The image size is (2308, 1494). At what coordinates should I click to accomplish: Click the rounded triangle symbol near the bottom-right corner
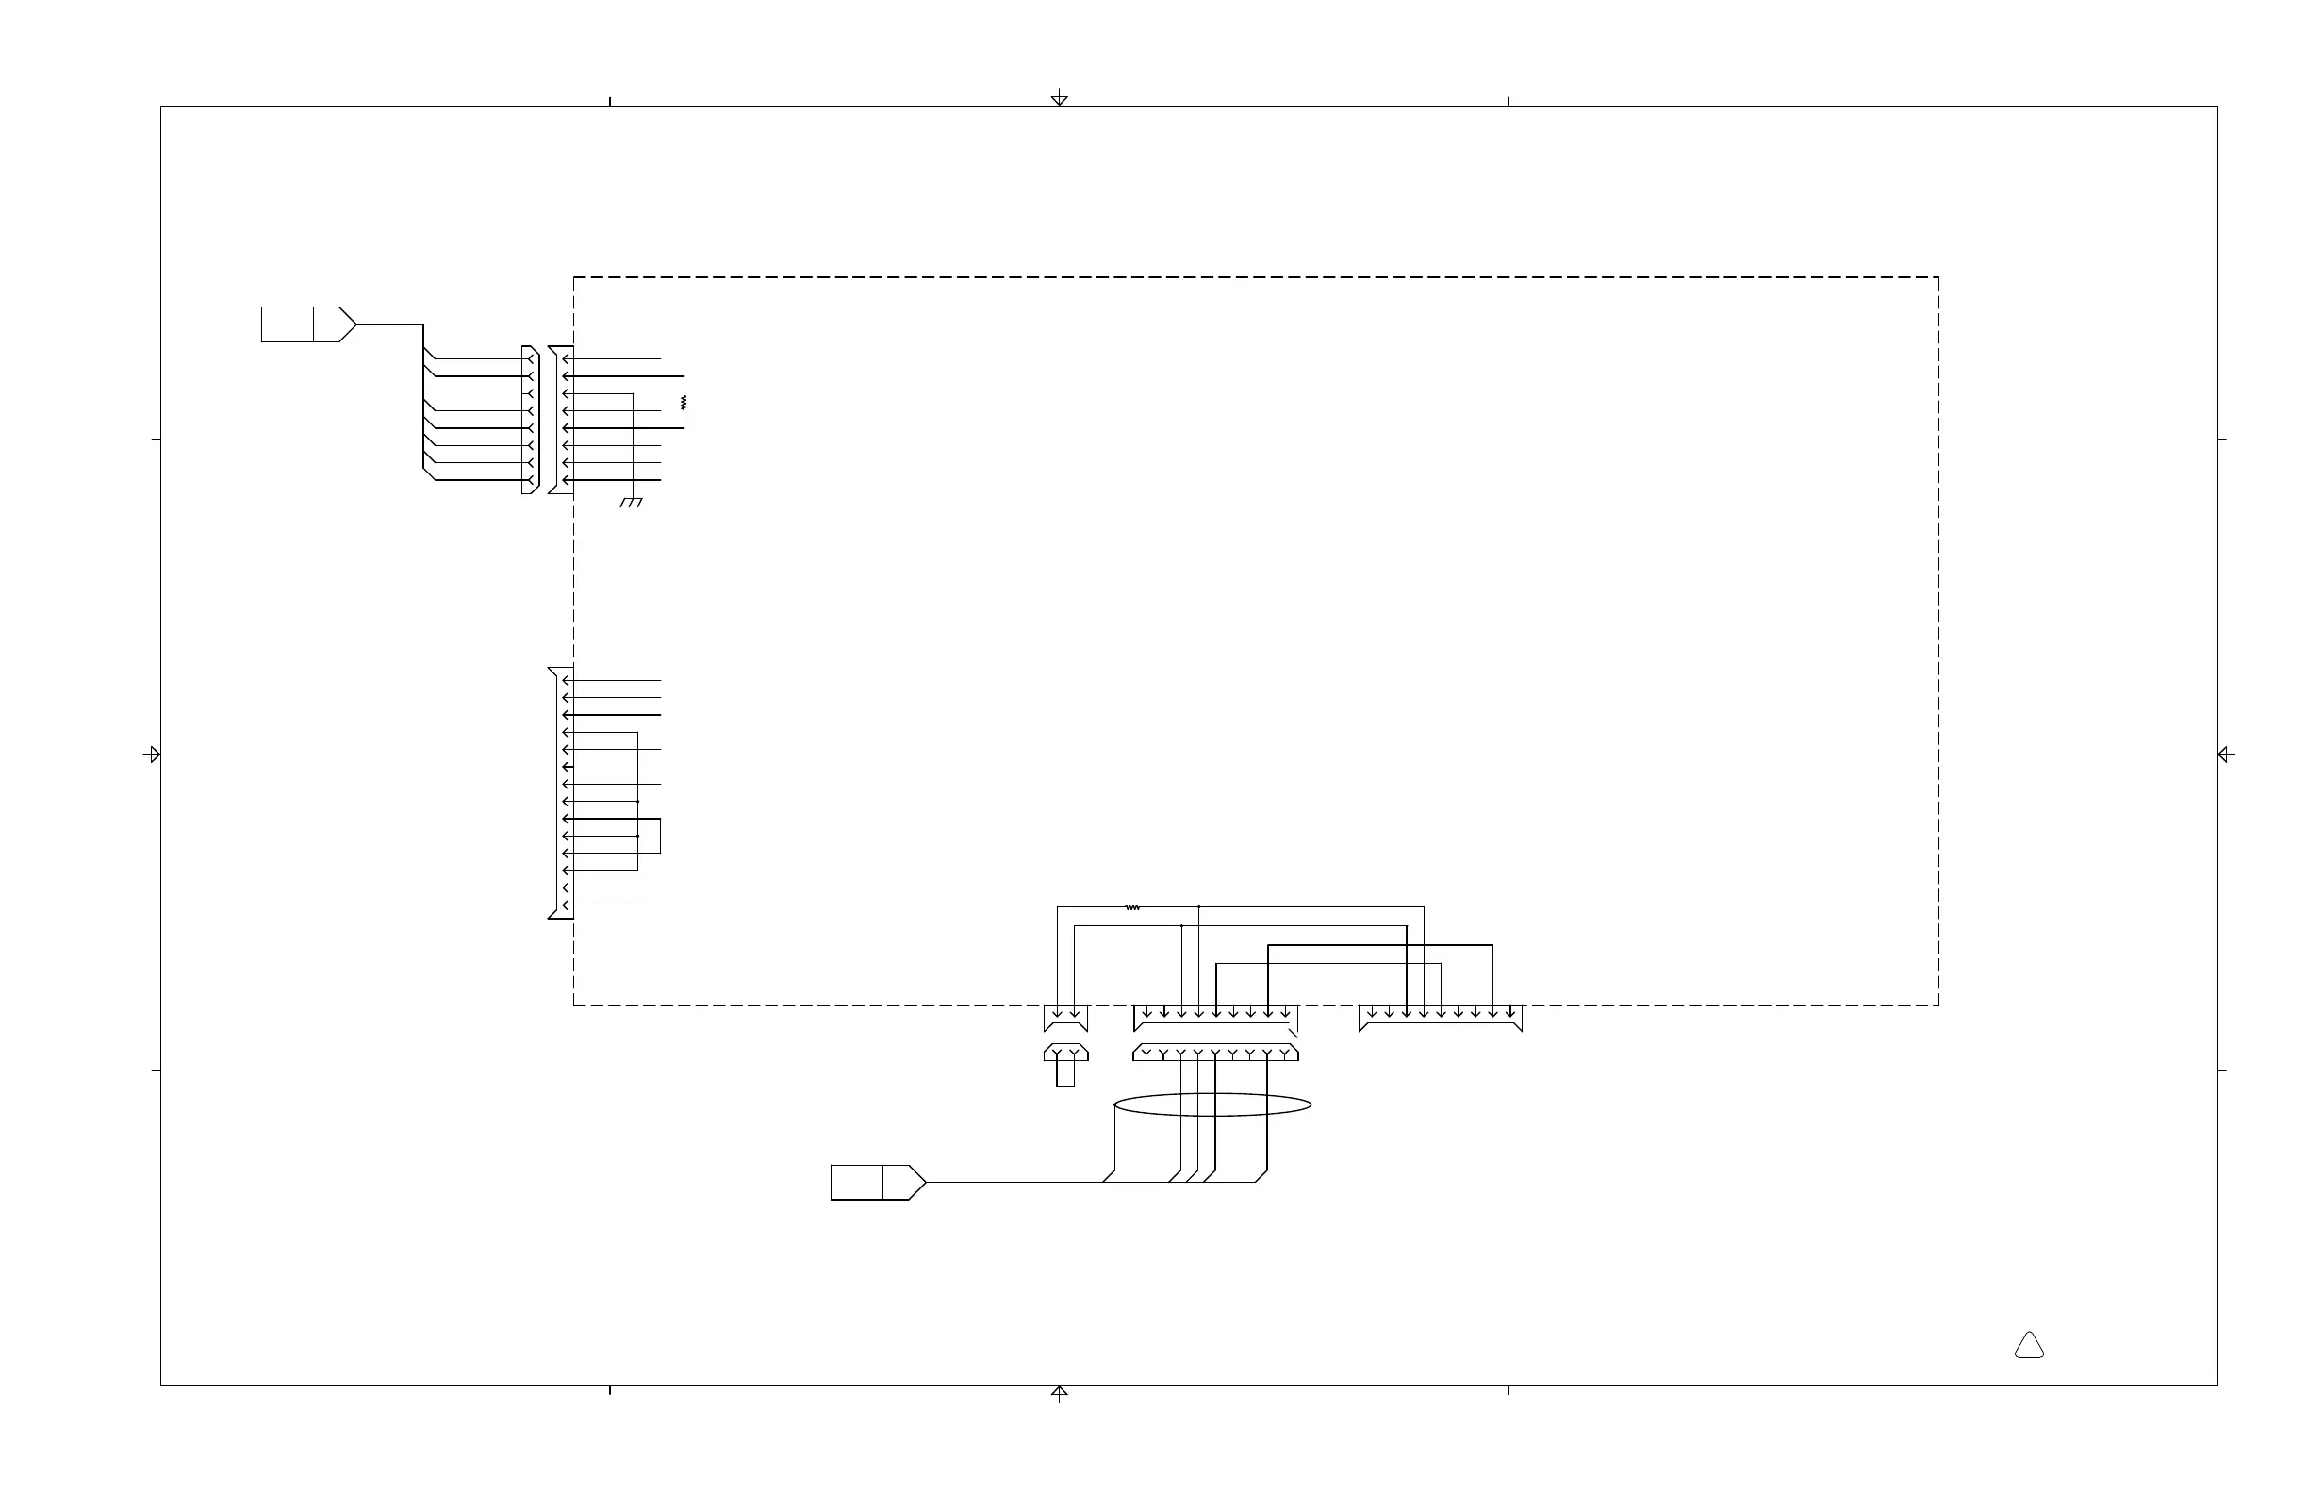tap(2029, 1346)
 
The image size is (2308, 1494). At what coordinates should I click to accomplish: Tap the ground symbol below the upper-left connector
tap(632, 503)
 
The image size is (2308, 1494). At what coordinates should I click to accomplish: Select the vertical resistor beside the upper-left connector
tap(684, 402)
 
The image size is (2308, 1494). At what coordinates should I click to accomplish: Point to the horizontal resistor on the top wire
tap(1131, 907)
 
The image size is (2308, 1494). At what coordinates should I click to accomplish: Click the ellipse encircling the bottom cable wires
tap(1212, 1104)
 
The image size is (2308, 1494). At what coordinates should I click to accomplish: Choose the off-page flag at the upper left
tap(308, 324)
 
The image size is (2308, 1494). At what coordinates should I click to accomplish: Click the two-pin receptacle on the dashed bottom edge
tap(1065, 1018)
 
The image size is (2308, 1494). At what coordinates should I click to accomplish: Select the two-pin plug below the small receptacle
tap(1065, 1053)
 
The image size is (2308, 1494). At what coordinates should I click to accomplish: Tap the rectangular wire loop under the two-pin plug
tap(1065, 1073)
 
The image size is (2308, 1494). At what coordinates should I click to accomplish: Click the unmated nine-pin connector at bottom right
tap(1440, 1018)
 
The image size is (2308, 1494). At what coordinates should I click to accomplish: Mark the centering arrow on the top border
tap(1060, 98)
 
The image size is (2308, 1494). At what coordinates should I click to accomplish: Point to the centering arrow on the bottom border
tap(1060, 1393)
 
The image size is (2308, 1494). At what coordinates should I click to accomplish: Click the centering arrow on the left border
tap(152, 754)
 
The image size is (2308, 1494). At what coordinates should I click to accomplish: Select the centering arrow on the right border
tap(2226, 754)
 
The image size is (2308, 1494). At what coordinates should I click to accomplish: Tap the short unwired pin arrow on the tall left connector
tap(569, 767)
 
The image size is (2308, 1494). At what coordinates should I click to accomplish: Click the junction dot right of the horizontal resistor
tap(1198, 907)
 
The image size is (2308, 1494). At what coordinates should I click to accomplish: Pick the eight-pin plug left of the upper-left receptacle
tap(530, 419)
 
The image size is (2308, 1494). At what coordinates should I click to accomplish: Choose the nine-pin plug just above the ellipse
tap(1215, 1053)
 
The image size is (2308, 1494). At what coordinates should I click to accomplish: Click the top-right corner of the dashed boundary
tap(1938, 277)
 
